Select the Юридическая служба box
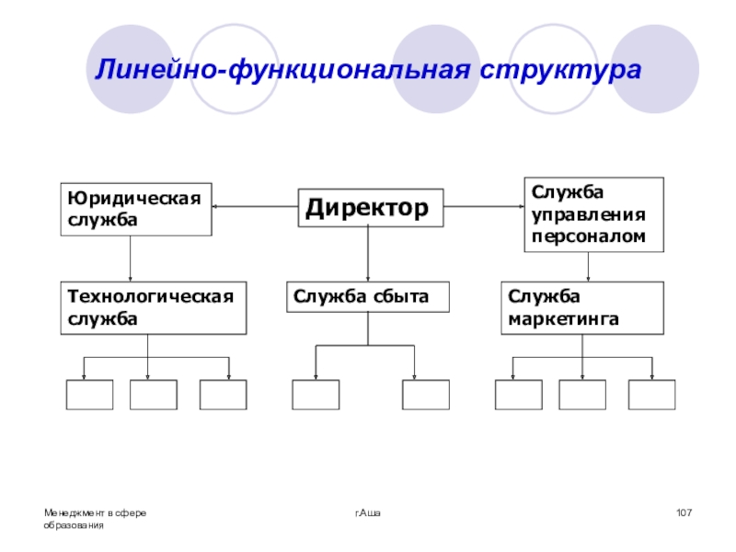136,209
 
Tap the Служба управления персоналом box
593,214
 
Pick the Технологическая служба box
154,307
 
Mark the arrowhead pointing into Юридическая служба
218,207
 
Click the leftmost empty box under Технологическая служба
90,394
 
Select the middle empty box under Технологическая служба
154,394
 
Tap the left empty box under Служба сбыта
316,394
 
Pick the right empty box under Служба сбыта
425,394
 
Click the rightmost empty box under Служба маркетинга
651,394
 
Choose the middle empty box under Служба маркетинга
582,394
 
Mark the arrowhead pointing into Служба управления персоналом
519,207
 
